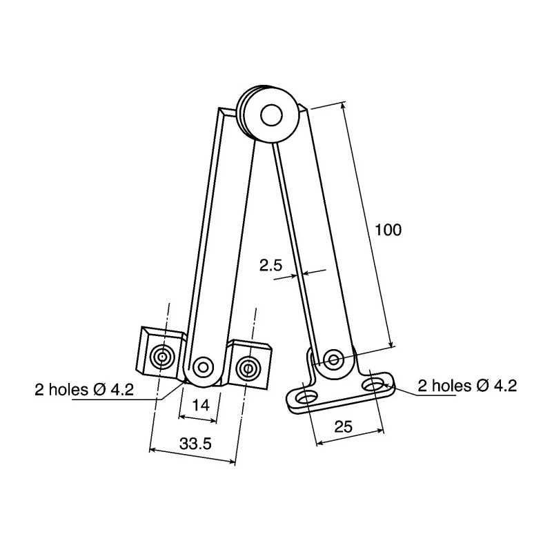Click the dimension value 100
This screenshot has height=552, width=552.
point(388,230)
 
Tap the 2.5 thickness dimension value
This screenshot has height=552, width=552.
point(270,265)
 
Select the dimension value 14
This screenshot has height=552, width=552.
point(201,405)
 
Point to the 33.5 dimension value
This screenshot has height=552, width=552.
point(195,444)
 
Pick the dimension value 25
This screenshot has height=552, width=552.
point(343,426)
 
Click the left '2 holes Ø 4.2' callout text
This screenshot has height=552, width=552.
point(84,390)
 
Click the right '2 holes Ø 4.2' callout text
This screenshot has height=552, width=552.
point(467,386)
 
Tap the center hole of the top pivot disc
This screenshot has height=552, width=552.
point(271,115)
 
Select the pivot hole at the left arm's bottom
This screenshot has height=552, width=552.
point(203,368)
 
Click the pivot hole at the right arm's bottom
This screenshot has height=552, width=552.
point(333,359)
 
